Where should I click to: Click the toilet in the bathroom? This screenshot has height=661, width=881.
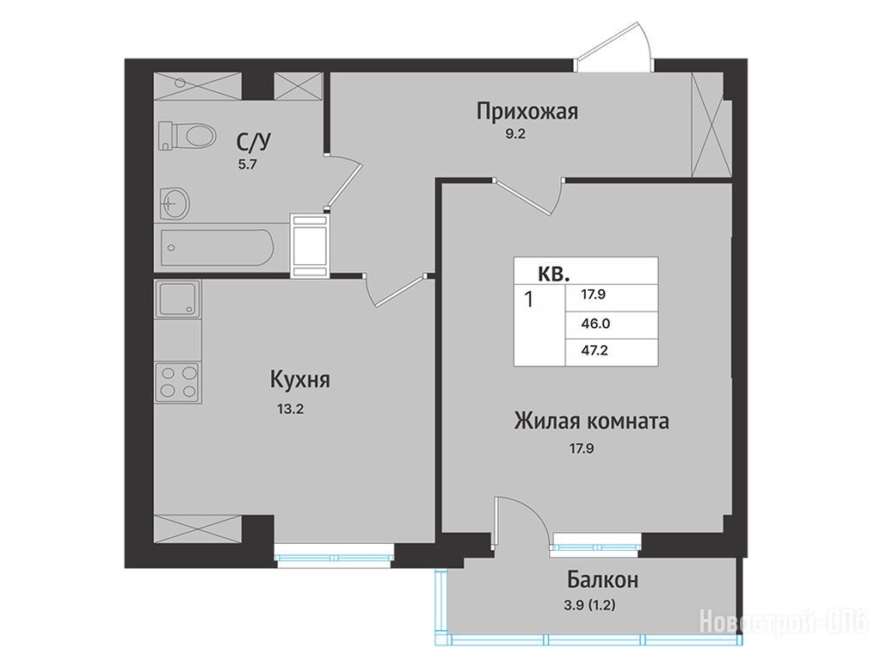[187, 135]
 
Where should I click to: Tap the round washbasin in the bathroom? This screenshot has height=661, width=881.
[176, 202]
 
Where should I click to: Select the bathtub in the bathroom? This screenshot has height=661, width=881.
[217, 247]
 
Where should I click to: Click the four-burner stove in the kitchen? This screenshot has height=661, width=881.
[179, 382]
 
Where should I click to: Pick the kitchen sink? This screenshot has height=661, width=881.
[178, 299]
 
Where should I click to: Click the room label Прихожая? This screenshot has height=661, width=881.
[527, 112]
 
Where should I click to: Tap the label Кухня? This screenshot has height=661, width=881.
[300, 380]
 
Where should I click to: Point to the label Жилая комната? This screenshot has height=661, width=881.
[591, 421]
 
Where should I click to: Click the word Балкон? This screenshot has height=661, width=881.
[603, 579]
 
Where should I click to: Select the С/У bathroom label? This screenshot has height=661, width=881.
[254, 142]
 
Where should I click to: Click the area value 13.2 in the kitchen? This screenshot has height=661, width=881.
[291, 409]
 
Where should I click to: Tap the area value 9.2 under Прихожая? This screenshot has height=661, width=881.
[514, 134]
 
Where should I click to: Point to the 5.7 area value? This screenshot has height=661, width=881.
[247, 165]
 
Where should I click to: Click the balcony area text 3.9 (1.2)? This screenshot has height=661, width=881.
[589, 606]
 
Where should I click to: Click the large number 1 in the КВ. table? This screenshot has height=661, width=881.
[528, 299]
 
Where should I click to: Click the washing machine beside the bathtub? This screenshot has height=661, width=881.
[310, 245]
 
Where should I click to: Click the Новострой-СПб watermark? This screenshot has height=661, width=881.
[784, 622]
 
